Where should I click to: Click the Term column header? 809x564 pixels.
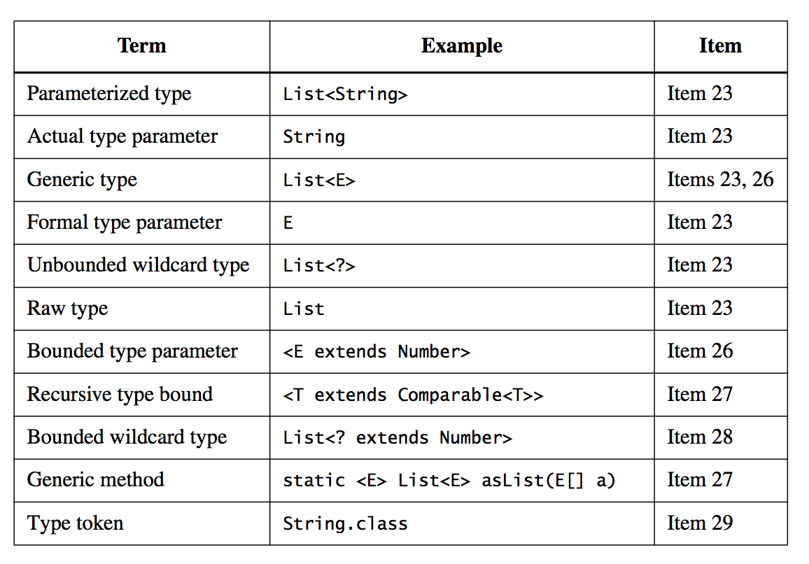(141, 46)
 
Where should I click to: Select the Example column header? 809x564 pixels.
(461, 46)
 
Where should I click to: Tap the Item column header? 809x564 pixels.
(719, 46)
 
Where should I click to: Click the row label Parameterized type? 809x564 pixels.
(108, 94)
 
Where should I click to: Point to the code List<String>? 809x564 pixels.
(345, 94)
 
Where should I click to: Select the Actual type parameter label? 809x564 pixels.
(122, 136)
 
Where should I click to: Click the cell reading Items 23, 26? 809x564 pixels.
(720, 180)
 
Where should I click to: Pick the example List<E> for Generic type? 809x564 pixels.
(319, 181)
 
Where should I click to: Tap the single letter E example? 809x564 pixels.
(288, 223)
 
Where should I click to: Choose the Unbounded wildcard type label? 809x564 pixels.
(138, 266)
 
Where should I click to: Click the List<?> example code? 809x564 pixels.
(319, 266)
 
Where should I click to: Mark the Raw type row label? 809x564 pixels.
(67, 309)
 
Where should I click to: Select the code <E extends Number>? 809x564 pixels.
(377, 352)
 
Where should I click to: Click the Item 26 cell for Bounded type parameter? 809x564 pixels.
(699, 351)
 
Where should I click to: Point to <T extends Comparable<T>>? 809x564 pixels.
(413, 395)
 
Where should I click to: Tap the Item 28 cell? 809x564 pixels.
(699, 437)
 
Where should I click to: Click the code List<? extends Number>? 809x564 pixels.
(398, 438)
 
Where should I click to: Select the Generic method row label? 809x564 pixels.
(95, 480)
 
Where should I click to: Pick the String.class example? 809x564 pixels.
(345, 523)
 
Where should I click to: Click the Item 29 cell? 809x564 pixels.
(699, 523)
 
